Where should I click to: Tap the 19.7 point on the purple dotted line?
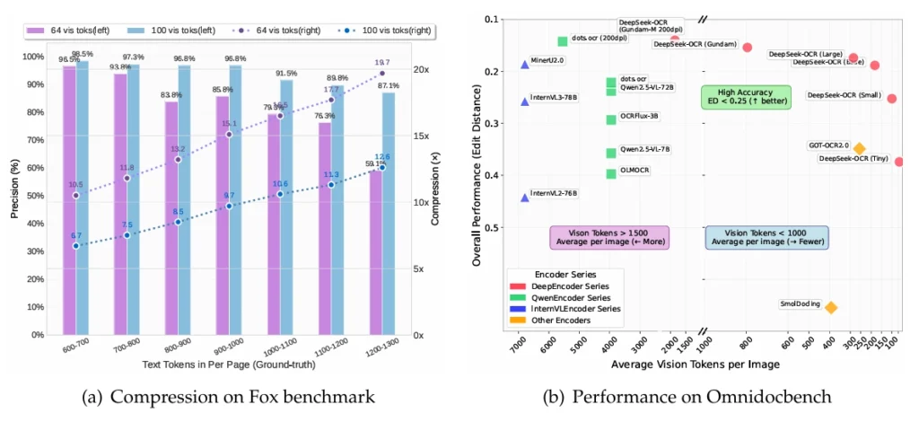(x=382, y=74)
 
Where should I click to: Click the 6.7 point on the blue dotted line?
(x=76, y=245)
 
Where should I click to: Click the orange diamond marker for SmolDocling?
(x=831, y=307)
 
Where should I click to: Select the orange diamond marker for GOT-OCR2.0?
(x=859, y=148)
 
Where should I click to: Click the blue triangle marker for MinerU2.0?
(x=525, y=65)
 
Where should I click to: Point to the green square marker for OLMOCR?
(x=611, y=173)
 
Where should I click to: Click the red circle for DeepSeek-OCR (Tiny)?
(x=898, y=162)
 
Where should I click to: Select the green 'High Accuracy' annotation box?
(x=746, y=97)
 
